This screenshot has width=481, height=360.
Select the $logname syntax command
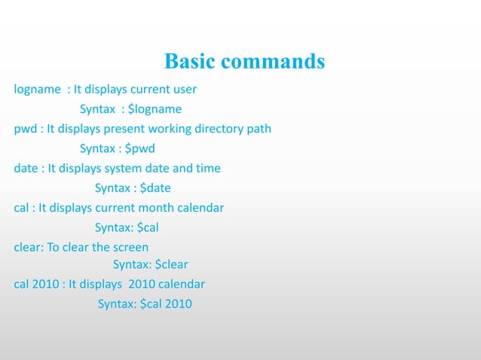coord(156,109)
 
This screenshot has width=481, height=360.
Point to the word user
coord(184,90)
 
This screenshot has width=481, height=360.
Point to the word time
coord(207,168)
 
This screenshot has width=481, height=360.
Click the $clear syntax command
coord(171,264)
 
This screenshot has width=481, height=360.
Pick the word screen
coord(131,247)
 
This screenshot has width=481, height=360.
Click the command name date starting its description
coord(26,168)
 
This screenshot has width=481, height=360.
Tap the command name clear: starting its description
coord(29,247)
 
